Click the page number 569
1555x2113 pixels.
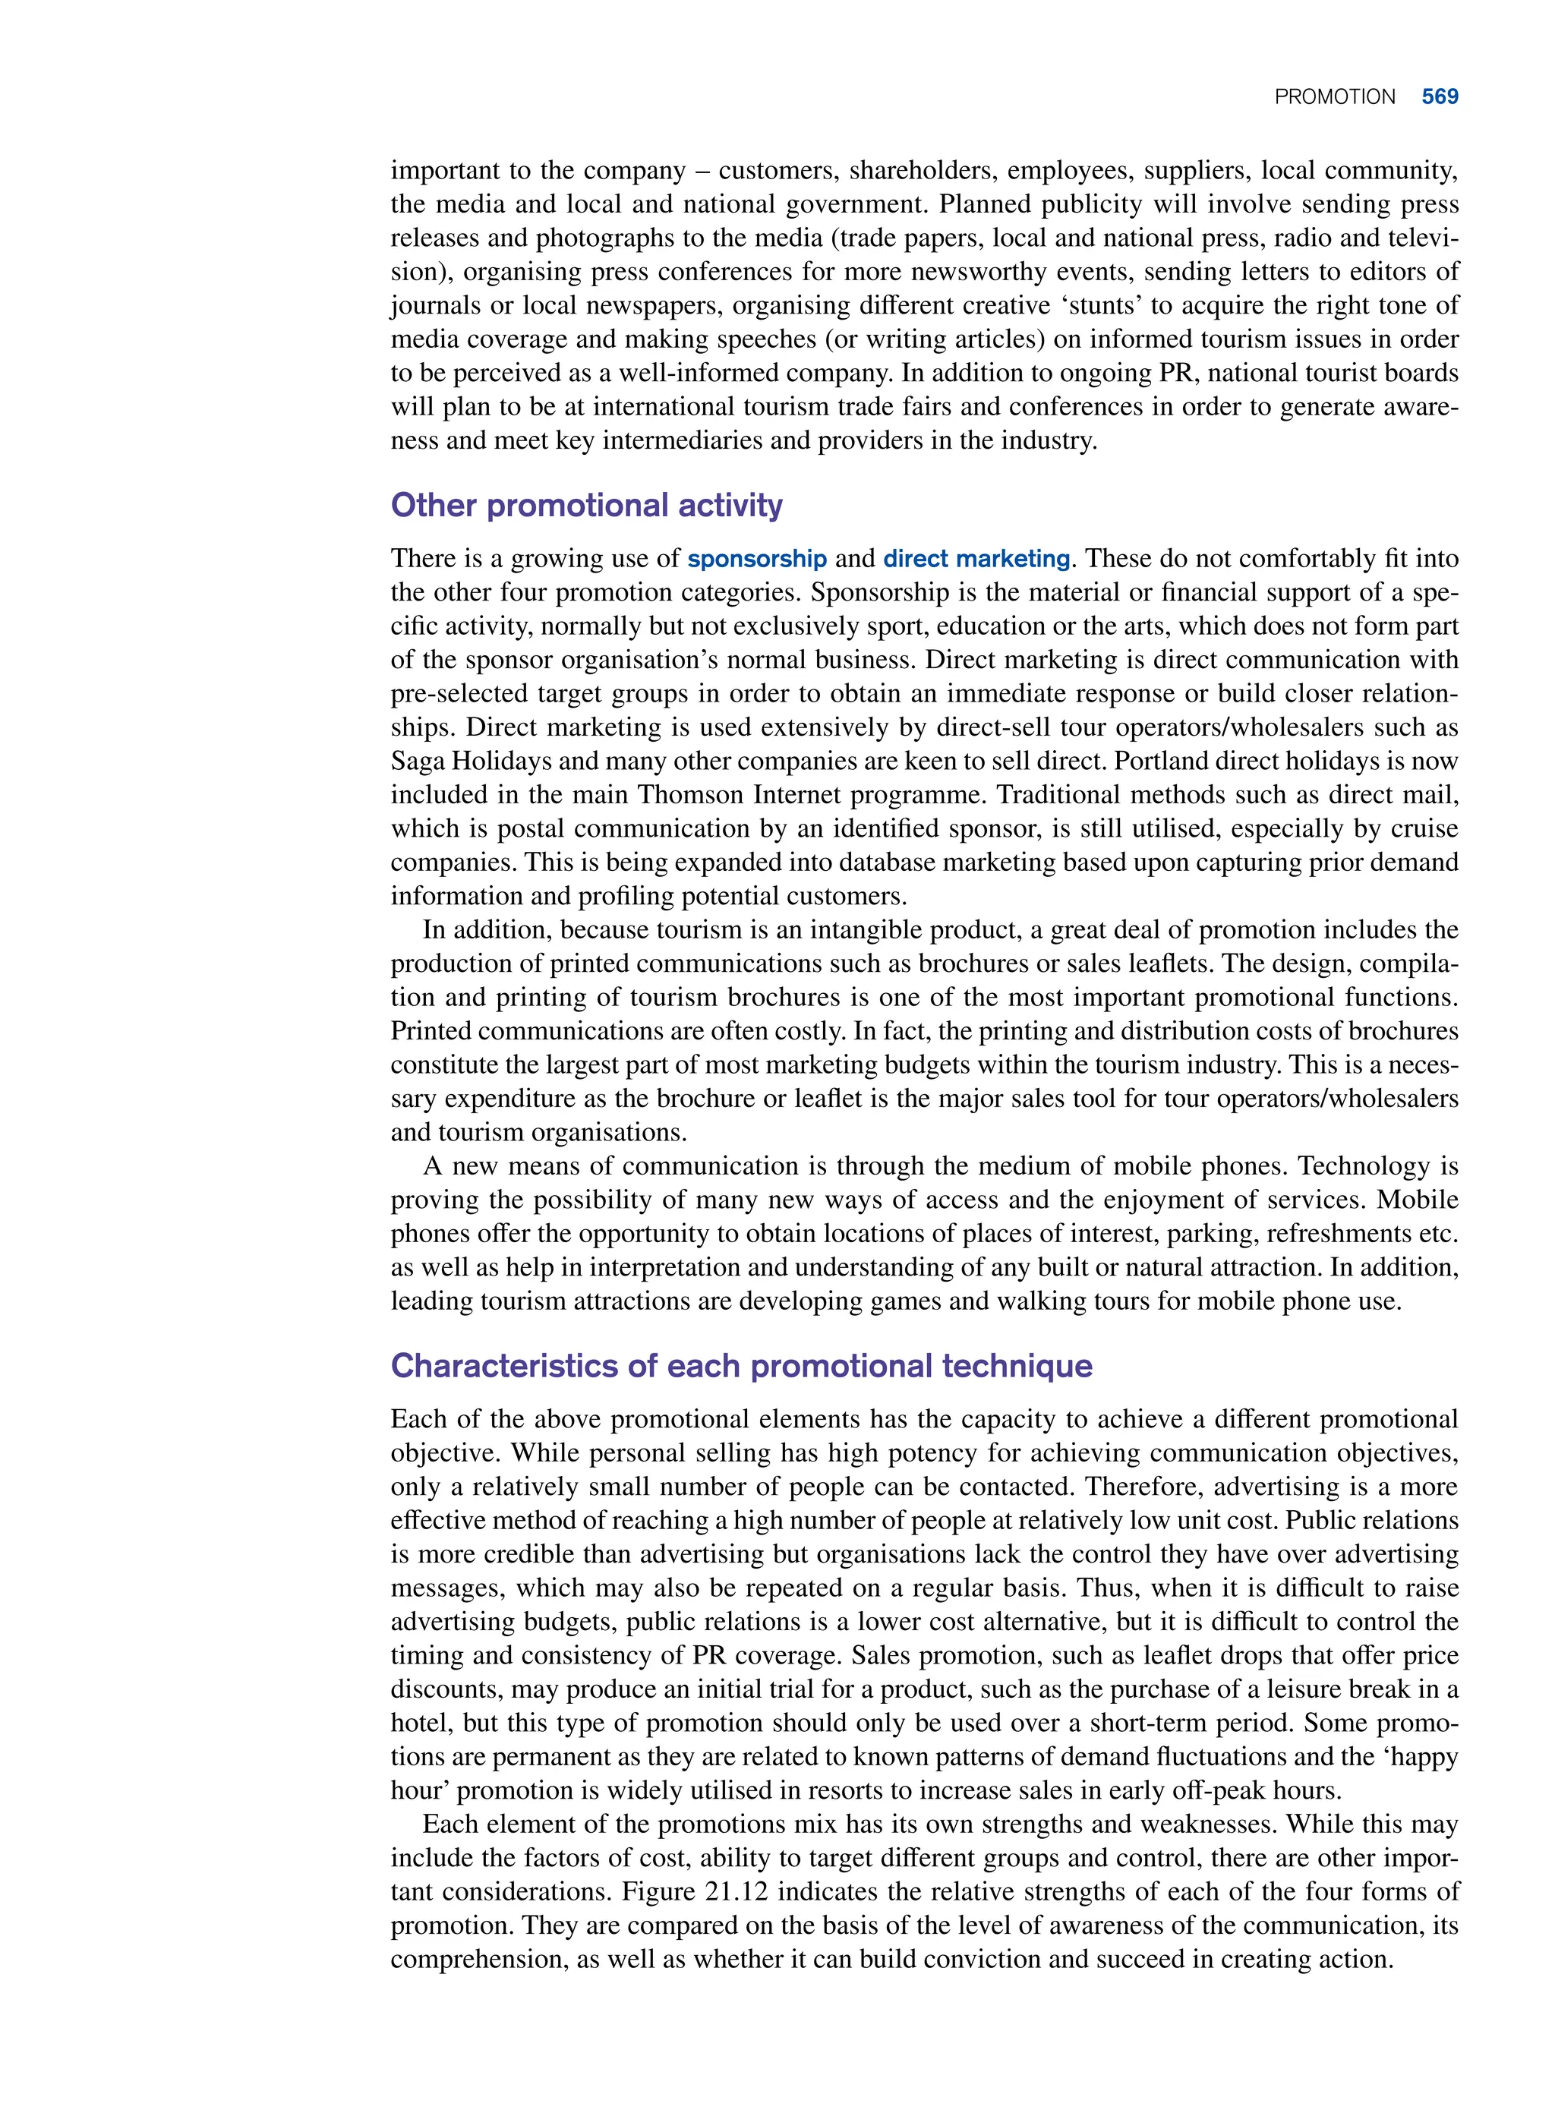pyautogui.click(x=1440, y=97)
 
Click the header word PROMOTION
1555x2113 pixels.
pyautogui.click(x=1334, y=97)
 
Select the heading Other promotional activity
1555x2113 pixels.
pyautogui.click(x=586, y=506)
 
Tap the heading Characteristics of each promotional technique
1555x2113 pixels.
pyautogui.click(x=741, y=1366)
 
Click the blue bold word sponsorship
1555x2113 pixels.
pyautogui.click(x=757, y=559)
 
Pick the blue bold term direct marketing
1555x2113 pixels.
pyautogui.click(x=976, y=559)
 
